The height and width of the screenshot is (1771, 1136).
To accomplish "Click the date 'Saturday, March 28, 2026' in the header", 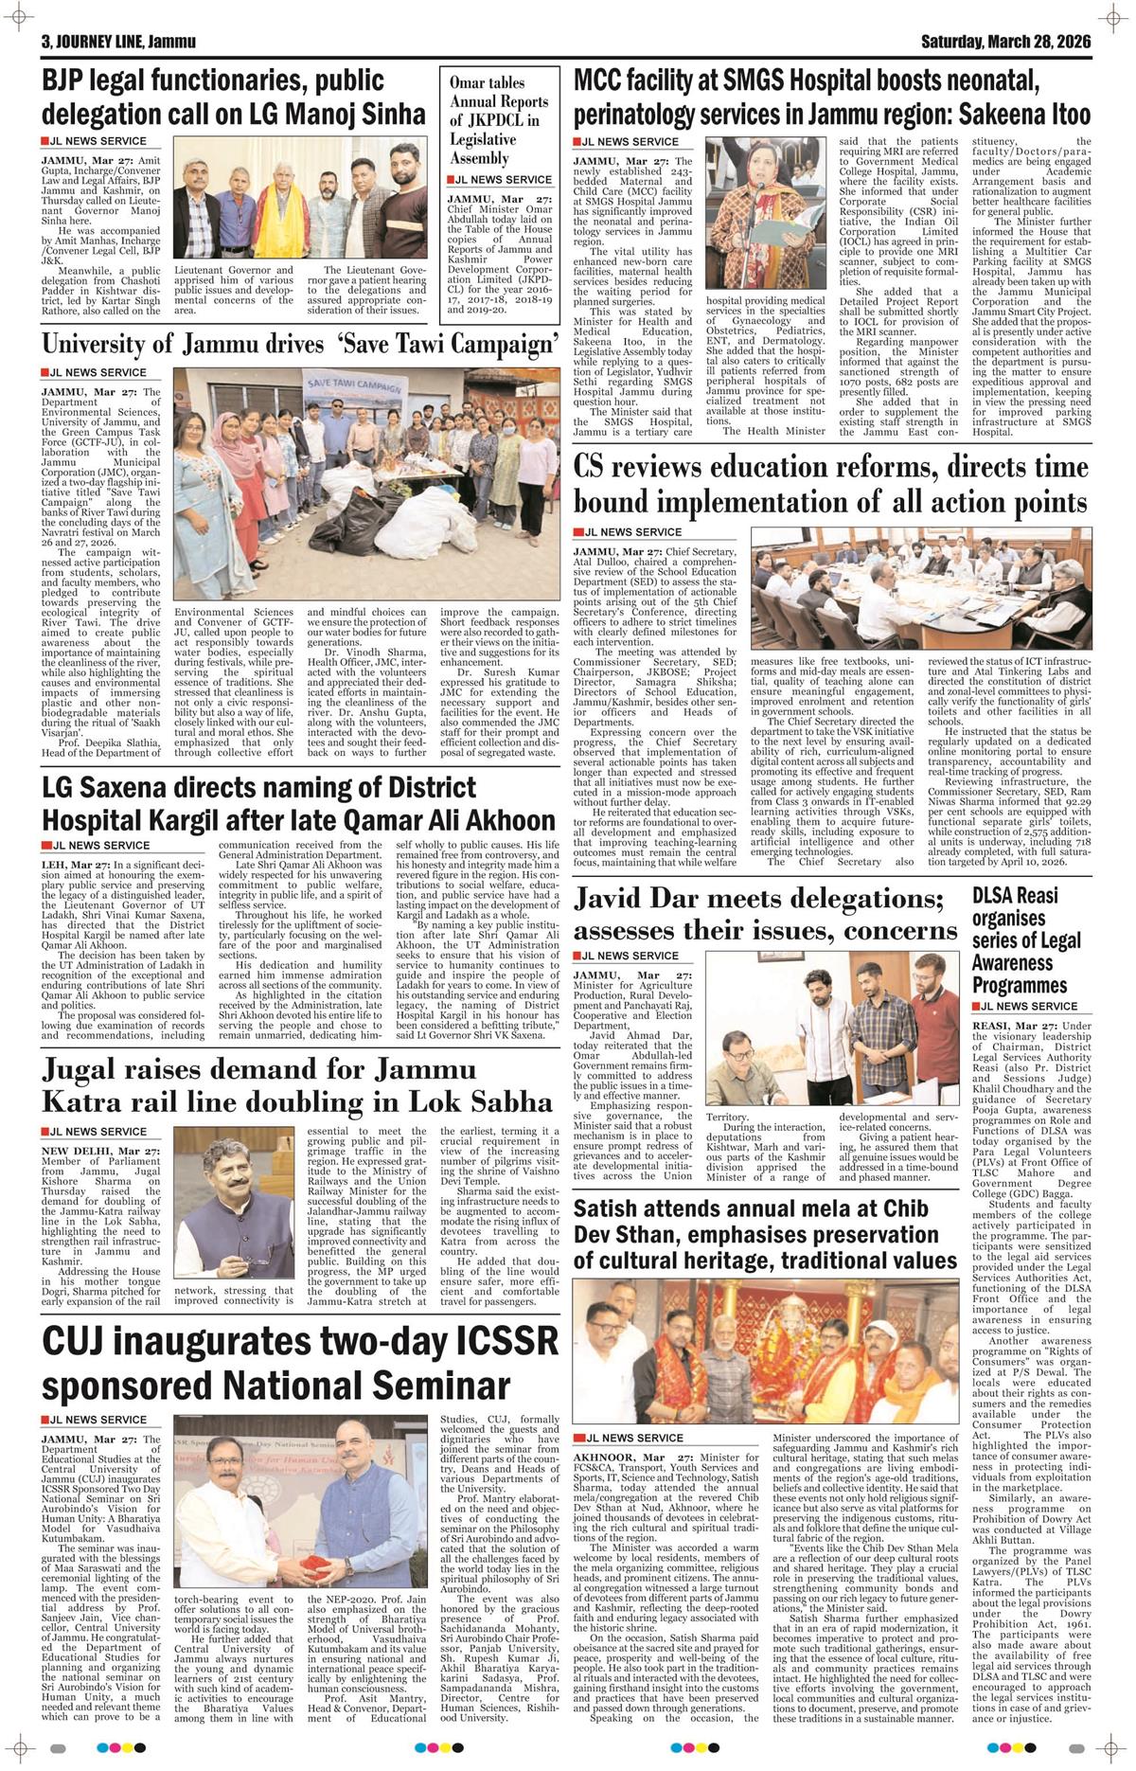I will coord(1006,43).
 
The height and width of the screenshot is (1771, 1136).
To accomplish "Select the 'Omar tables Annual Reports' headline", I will coord(499,121).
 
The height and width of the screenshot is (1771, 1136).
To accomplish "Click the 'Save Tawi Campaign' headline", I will coord(298,343).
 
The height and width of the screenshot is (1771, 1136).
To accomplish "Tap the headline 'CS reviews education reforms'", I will coord(831,484).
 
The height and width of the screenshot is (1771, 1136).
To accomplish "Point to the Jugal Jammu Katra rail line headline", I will coord(296,1085).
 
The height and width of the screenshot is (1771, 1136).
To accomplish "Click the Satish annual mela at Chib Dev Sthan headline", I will coord(765,1234).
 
